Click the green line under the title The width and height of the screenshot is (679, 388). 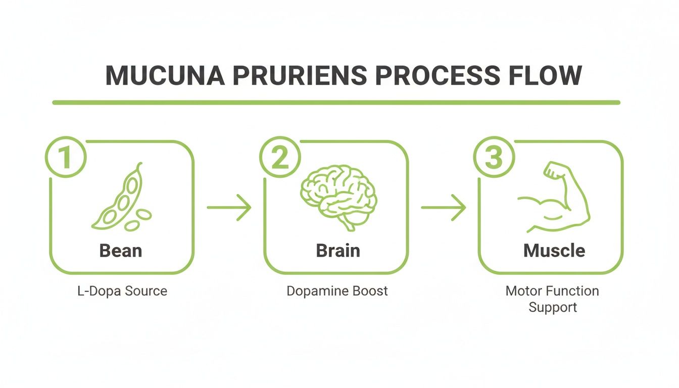[336, 103]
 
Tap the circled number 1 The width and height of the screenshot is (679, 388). [66, 157]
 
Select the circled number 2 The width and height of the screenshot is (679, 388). [279, 157]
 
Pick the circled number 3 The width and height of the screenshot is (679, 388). [494, 157]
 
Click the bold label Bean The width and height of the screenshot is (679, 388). [121, 250]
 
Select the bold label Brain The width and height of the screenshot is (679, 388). [338, 251]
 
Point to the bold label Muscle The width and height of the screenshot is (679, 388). [554, 251]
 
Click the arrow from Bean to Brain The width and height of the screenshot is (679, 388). [229, 207]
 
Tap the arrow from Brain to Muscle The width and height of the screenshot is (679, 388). [443, 207]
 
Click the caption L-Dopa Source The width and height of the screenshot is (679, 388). [122, 291]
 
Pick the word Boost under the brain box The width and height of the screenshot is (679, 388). [371, 291]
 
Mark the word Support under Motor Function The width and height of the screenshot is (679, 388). [553, 307]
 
